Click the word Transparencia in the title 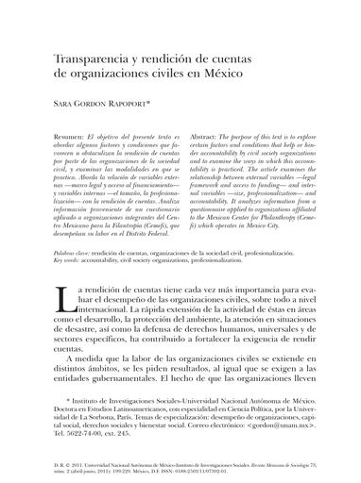[x=91, y=60]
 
